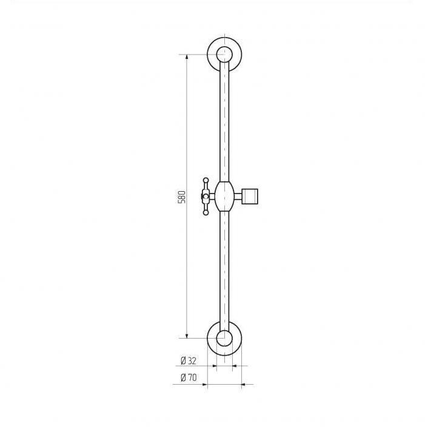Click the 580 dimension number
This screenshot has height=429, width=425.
[x=182, y=197]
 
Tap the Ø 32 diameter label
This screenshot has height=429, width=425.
[x=189, y=360]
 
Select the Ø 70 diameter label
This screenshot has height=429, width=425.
[x=189, y=377]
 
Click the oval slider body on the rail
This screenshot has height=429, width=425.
[x=224, y=196]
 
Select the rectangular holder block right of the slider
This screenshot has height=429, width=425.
[x=250, y=196]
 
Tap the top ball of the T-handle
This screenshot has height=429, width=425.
[x=206, y=180]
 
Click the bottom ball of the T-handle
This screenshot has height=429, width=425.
[x=206, y=212]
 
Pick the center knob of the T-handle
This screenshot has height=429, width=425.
[x=205, y=196]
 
